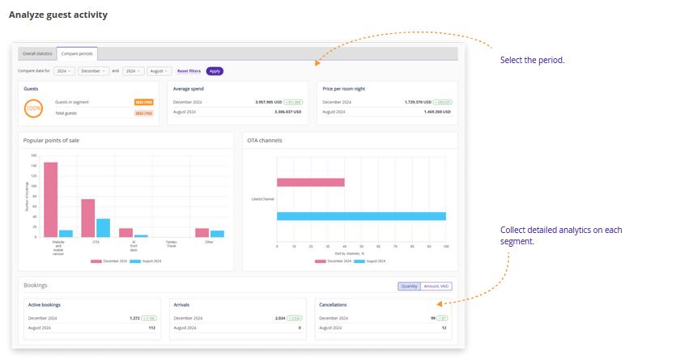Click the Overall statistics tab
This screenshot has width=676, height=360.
click(x=37, y=53)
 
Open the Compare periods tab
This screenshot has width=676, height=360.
click(x=78, y=53)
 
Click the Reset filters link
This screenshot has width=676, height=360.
click(x=189, y=71)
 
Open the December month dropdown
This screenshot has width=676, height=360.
click(x=94, y=71)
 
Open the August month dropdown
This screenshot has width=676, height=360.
click(x=160, y=71)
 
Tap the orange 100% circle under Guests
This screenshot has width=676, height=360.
click(x=34, y=108)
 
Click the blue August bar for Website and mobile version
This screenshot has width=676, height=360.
click(x=66, y=233)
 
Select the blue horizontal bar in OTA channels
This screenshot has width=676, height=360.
click(x=361, y=216)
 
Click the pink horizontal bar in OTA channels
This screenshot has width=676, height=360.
click(x=310, y=183)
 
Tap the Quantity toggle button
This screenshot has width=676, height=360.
click(x=409, y=286)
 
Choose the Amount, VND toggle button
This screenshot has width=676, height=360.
click(x=436, y=286)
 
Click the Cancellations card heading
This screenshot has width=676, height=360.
click(x=333, y=305)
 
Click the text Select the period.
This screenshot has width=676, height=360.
click(x=532, y=60)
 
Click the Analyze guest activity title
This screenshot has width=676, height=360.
click(x=57, y=15)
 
